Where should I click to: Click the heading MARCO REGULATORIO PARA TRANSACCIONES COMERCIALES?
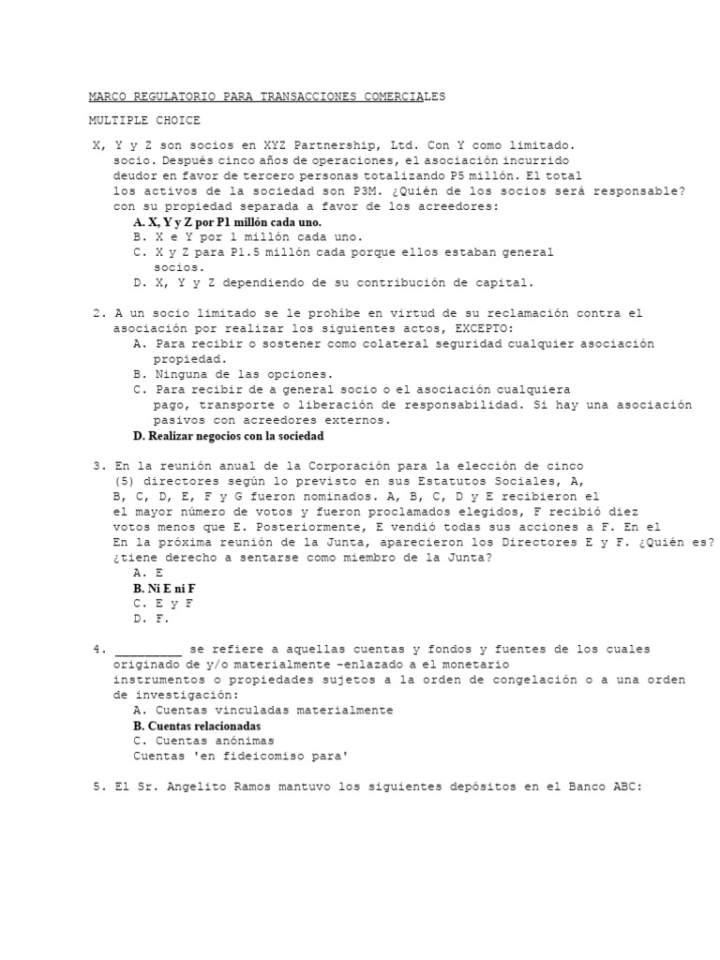(x=267, y=97)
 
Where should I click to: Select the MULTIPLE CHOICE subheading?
(x=144, y=121)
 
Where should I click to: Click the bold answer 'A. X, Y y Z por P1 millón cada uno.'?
(x=228, y=222)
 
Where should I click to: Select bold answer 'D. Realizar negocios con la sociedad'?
(x=228, y=436)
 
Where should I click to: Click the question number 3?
(x=97, y=466)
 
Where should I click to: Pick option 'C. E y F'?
(x=162, y=604)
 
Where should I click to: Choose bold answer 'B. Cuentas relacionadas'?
(x=197, y=726)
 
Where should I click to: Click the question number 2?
(x=97, y=313)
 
